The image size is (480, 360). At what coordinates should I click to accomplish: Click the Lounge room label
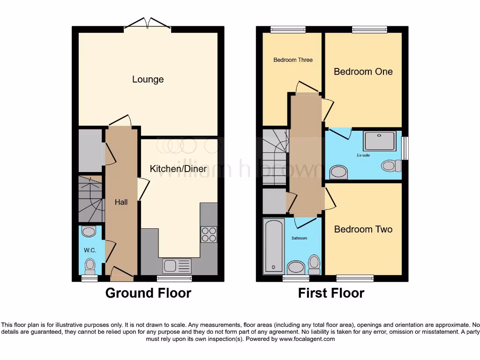[148, 79]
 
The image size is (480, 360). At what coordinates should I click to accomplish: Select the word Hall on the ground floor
[121, 202]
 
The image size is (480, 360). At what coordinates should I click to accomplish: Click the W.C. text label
[90, 250]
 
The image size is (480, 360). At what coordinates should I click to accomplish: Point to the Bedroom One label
[363, 71]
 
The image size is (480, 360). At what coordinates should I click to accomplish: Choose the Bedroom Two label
[363, 229]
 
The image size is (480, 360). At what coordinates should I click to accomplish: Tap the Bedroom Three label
[293, 60]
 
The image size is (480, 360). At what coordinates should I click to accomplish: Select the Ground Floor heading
[148, 293]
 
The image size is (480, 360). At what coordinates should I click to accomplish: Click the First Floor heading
[331, 293]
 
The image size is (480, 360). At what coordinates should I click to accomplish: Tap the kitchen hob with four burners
[209, 234]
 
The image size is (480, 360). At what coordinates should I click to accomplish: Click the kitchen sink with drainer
[177, 266]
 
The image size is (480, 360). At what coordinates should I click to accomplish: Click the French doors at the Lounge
[148, 24]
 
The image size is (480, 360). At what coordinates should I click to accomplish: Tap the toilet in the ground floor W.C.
[89, 266]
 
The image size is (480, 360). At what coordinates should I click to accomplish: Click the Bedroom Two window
[355, 278]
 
